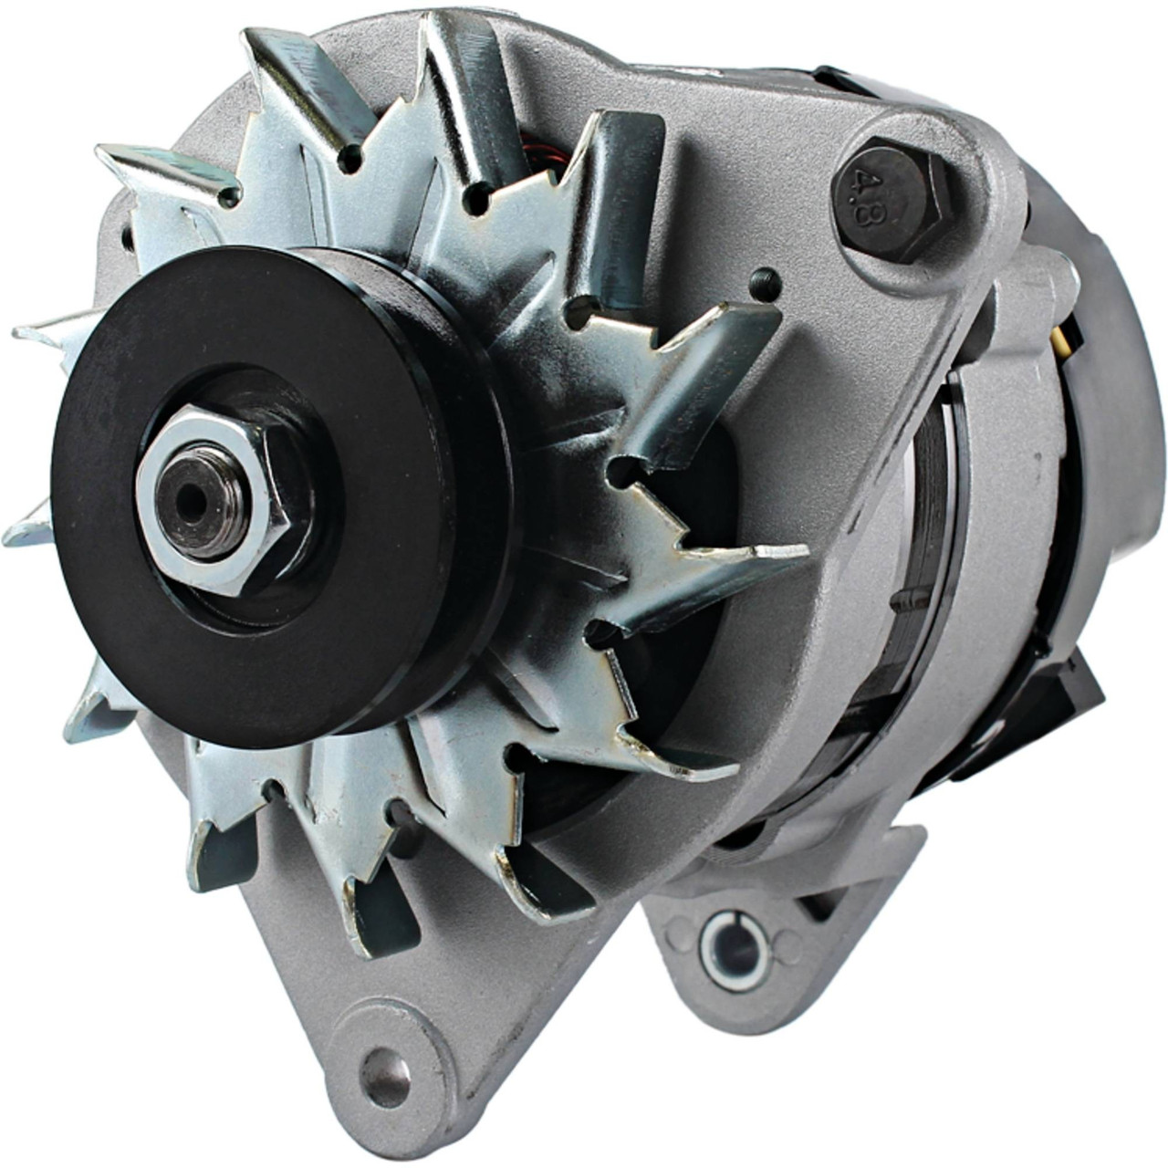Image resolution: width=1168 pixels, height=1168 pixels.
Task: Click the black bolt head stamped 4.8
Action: pyautogui.click(x=890, y=198)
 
